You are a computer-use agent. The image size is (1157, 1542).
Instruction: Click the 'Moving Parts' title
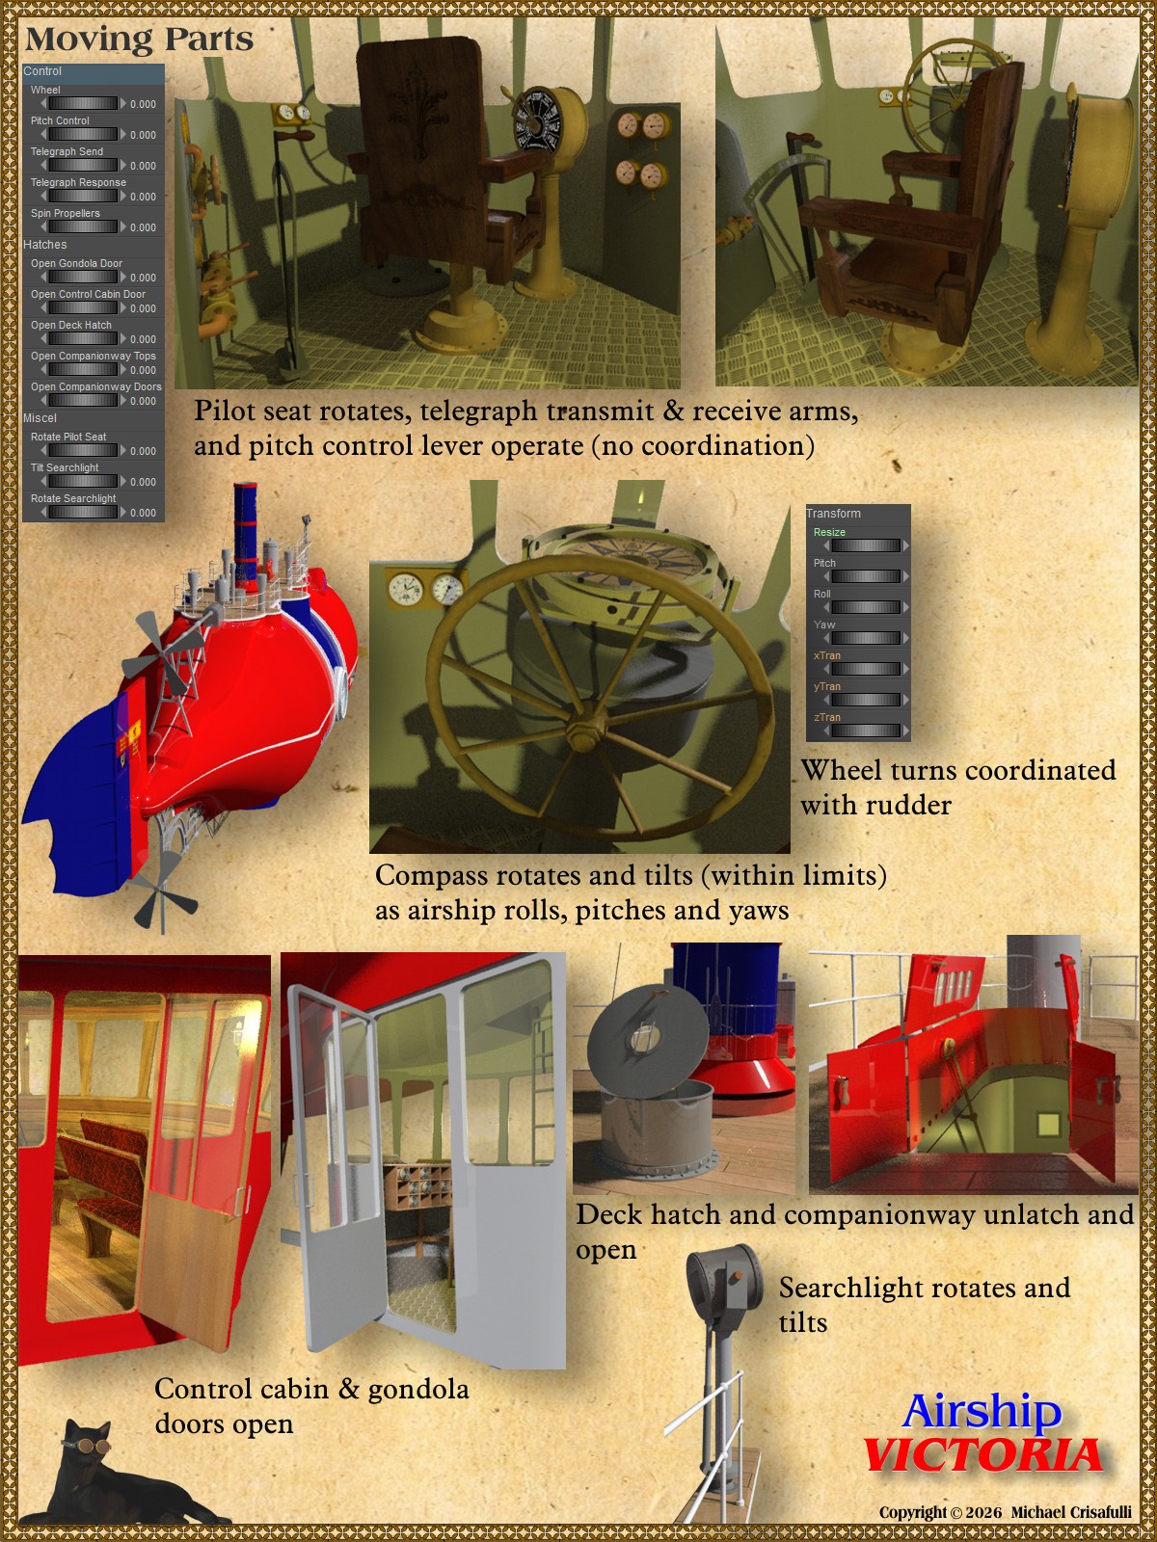point(139,40)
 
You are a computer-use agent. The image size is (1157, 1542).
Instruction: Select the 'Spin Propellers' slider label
point(66,213)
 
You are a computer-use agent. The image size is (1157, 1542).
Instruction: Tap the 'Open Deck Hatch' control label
point(71,325)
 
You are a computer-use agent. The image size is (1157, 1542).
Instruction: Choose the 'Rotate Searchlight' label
point(73,498)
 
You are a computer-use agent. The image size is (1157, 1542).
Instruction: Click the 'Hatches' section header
point(45,245)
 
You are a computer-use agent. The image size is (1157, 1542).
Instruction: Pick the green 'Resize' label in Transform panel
point(829,533)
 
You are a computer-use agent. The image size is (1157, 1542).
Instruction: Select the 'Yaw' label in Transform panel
point(824,625)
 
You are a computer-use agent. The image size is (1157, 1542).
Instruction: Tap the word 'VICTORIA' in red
point(983,1454)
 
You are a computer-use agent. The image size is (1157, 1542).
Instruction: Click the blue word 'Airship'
point(982,1411)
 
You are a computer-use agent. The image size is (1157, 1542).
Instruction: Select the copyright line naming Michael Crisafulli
point(1006,1512)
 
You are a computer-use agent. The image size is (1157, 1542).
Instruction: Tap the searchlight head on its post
point(723,1281)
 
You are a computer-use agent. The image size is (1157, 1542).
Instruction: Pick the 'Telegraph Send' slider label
point(67,151)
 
